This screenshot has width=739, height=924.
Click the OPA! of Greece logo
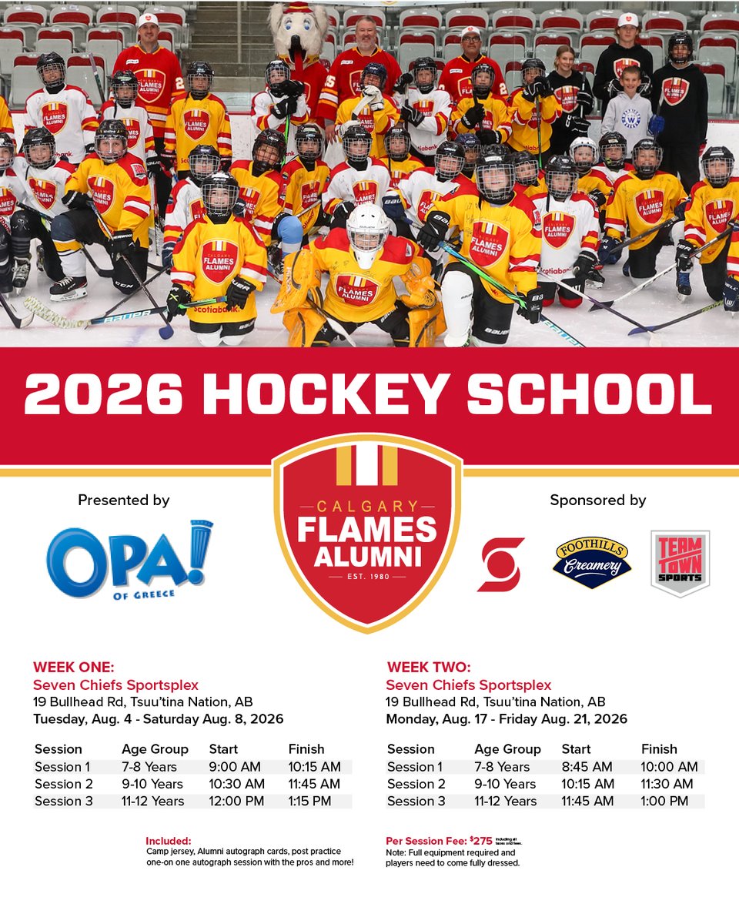129,557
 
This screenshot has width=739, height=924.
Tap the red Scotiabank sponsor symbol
500,564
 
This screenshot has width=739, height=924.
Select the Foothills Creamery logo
592,562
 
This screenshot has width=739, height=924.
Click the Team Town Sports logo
680,563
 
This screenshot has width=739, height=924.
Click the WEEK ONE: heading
73,667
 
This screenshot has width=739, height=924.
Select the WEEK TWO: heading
428,667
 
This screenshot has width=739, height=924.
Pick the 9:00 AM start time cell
235,767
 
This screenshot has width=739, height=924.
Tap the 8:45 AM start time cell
587,767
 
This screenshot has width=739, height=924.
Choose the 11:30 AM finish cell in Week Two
668,784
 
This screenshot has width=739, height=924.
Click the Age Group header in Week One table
155,749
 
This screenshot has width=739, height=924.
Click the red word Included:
168,841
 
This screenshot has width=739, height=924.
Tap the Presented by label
123,500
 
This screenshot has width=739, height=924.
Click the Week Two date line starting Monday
506,719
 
